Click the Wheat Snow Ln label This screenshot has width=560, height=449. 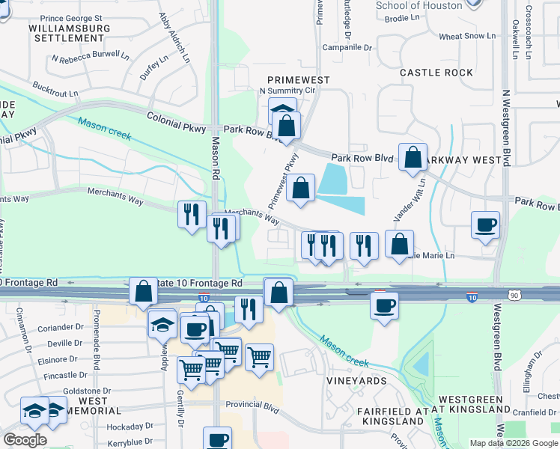467,36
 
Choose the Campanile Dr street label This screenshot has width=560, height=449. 347,47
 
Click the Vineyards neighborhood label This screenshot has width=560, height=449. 356,380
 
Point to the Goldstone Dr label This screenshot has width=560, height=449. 87,391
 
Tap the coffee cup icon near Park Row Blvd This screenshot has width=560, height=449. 485,224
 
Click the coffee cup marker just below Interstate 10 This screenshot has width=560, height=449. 385,305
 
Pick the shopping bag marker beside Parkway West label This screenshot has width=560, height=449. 413,157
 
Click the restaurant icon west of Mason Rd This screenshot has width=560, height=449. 192,215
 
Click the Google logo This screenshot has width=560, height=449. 25,440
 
